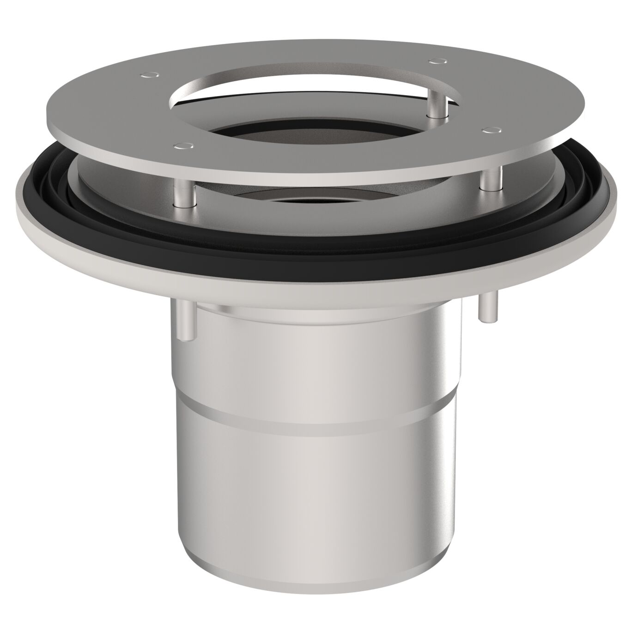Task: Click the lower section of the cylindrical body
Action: (x=314, y=485)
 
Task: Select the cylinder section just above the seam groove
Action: (x=314, y=365)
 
